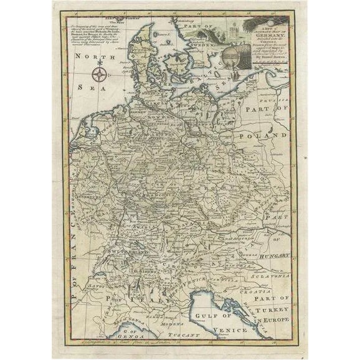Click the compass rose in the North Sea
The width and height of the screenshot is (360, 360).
(98, 76)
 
